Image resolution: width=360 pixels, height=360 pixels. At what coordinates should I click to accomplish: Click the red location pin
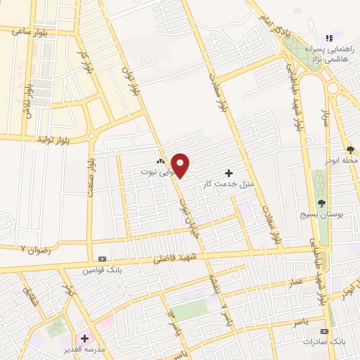pyautogui.click(x=181, y=165)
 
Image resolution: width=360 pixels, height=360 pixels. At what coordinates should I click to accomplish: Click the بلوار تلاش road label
pyautogui.click(x=28, y=100)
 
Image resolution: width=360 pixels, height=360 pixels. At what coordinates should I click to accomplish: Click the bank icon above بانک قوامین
pyautogui.click(x=103, y=259)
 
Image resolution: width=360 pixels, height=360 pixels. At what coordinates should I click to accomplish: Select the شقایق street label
pyautogui.click(x=29, y=285)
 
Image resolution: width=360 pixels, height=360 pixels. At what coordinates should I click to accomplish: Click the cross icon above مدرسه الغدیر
pyautogui.click(x=85, y=338)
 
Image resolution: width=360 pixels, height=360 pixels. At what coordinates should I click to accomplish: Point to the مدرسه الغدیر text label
pyautogui.click(x=94, y=349)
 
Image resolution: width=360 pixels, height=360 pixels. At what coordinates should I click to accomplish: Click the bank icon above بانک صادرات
pyautogui.click(x=324, y=330)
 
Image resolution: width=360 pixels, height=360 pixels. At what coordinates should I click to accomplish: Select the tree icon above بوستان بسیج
pyautogui.click(x=321, y=202)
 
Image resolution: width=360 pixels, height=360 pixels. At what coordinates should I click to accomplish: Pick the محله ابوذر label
pyautogui.click(x=343, y=160)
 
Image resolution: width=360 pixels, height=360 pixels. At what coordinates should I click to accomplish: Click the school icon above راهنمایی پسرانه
pyautogui.click(x=328, y=39)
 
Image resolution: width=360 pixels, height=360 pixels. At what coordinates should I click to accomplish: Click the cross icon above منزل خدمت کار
pyautogui.click(x=228, y=173)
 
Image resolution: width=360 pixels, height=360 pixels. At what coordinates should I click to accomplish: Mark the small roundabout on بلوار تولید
pyautogui.click(x=90, y=138)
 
